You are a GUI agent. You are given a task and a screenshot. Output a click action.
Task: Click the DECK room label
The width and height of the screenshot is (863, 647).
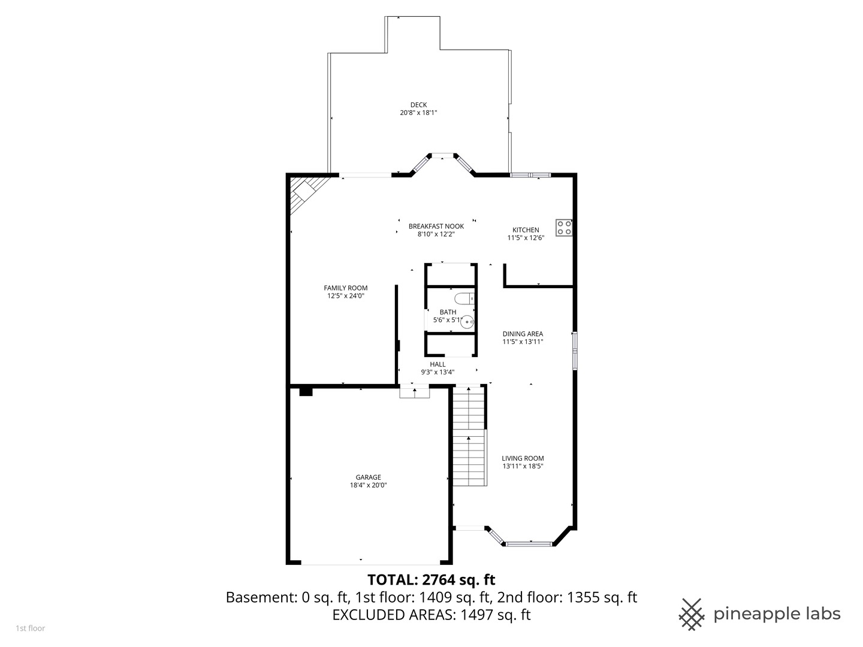pyautogui.click(x=418, y=105)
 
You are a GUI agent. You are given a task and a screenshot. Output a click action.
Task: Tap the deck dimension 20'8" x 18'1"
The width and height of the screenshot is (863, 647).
pyautogui.click(x=418, y=113)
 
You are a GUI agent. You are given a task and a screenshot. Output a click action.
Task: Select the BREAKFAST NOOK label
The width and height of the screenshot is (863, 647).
pyautogui.click(x=436, y=226)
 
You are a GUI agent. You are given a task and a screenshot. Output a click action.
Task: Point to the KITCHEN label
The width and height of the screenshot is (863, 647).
pyautogui.click(x=526, y=230)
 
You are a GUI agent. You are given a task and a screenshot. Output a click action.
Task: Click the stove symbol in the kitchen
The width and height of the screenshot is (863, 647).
pyautogui.click(x=564, y=228)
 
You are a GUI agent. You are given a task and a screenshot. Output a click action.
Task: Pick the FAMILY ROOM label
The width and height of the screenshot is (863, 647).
pyautogui.click(x=346, y=288)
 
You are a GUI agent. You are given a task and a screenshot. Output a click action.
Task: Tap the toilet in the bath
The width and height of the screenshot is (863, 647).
pyautogui.click(x=464, y=299)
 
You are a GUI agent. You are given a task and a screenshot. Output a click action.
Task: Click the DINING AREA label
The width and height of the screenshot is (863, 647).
pyautogui.click(x=523, y=334)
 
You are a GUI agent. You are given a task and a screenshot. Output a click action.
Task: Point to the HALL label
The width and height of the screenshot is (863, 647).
pyautogui.click(x=437, y=364)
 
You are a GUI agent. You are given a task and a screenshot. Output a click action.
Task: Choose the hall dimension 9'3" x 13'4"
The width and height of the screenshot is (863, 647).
pyautogui.click(x=437, y=372)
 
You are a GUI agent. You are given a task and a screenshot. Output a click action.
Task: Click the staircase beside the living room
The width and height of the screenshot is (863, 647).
pyautogui.click(x=470, y=436)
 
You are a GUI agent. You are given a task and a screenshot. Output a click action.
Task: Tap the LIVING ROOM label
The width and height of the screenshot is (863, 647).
pyautogui.click(x=523, y=458)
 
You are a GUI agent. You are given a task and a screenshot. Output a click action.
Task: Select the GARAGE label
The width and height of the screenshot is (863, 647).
pyautogui.click(x=369, y=477)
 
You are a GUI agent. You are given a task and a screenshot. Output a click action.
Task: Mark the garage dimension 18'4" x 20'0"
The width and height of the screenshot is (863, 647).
pyautogui.click(x=369, y=485)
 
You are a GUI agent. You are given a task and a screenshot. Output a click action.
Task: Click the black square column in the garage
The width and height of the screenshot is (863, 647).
pyautogui.click(x=306, y=392)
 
